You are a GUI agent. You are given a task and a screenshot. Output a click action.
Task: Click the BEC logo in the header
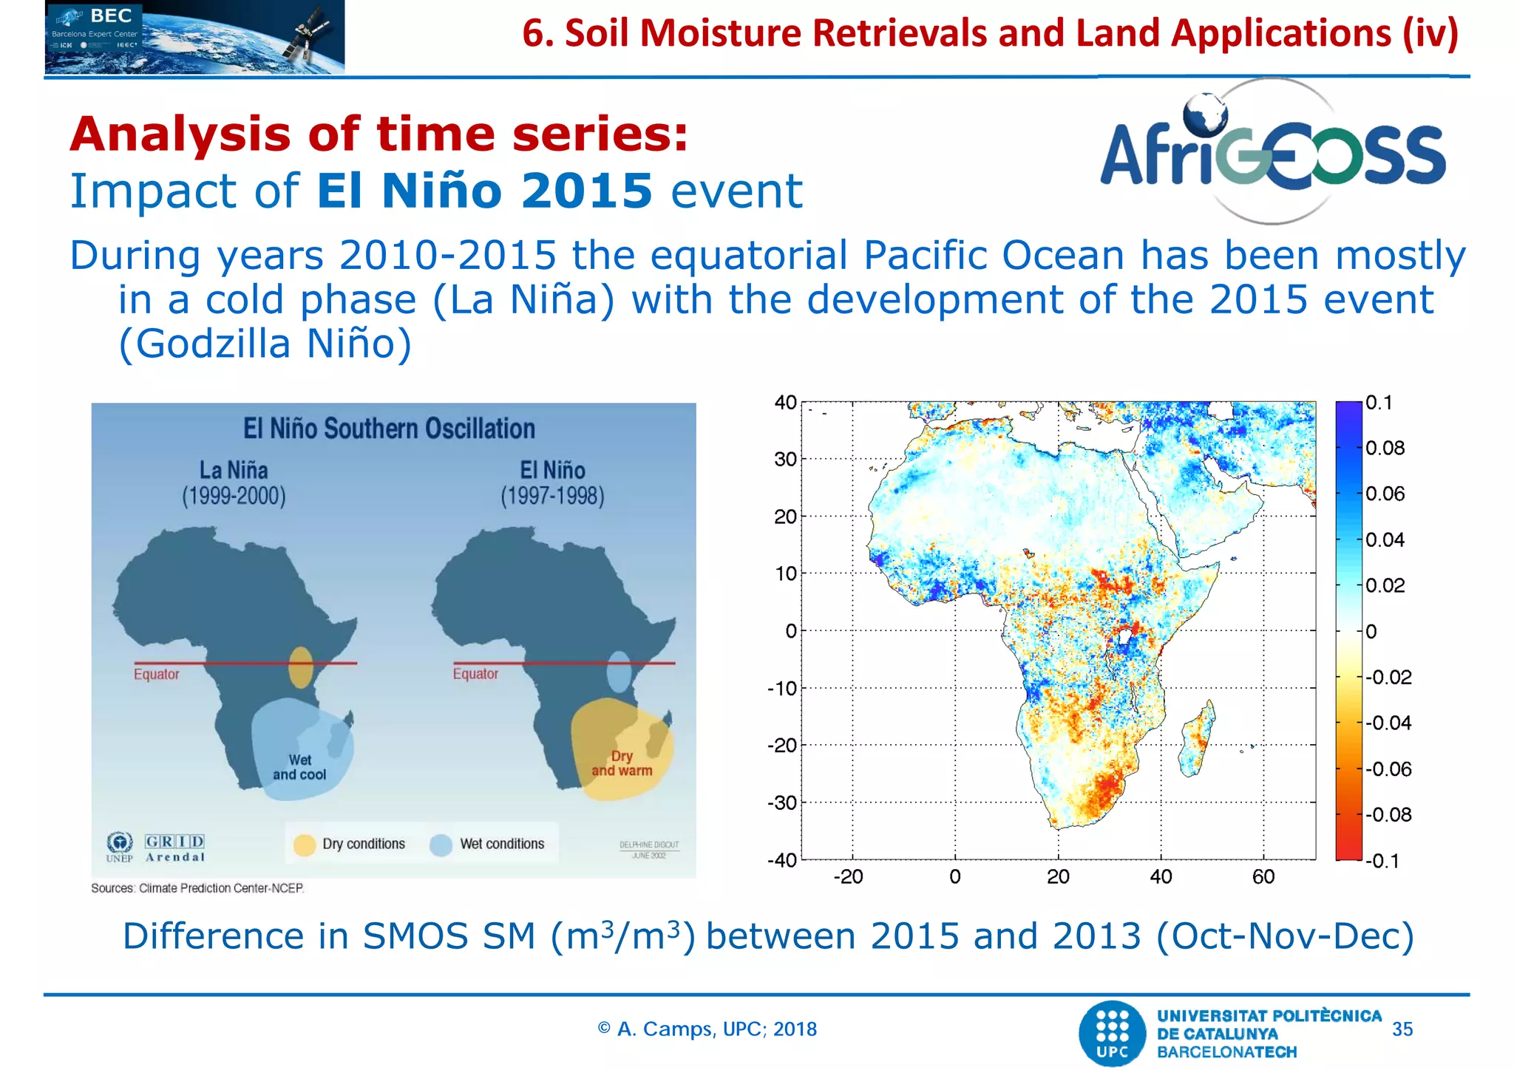(194, 37)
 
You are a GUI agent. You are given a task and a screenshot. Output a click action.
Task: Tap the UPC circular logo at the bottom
(1113, 1033)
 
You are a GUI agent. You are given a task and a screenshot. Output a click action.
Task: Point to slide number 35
(1402, 1029)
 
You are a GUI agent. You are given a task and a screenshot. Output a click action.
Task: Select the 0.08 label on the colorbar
(1385, 449)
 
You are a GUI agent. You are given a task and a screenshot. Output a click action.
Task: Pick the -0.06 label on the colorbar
(1388, 769)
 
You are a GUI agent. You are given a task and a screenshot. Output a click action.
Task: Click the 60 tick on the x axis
(1263, 877)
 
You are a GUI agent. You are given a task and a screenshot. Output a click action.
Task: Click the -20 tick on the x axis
(848, 877)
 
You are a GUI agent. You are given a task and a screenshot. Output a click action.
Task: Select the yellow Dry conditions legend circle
(305, 845)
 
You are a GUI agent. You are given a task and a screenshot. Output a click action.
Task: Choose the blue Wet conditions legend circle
(441, 845)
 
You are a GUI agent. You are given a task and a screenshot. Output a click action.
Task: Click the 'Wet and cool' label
(299, 767)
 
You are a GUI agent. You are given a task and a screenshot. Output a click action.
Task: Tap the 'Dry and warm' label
(622, 763)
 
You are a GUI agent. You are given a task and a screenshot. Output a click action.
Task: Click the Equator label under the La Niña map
(156, 674)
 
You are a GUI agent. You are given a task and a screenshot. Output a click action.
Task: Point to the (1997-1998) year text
(552, 496)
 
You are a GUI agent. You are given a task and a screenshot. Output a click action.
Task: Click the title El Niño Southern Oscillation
(389, 429)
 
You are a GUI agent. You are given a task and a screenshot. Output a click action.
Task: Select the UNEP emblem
(120, 843)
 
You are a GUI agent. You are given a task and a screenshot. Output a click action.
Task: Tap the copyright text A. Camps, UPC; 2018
(707, 1029)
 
